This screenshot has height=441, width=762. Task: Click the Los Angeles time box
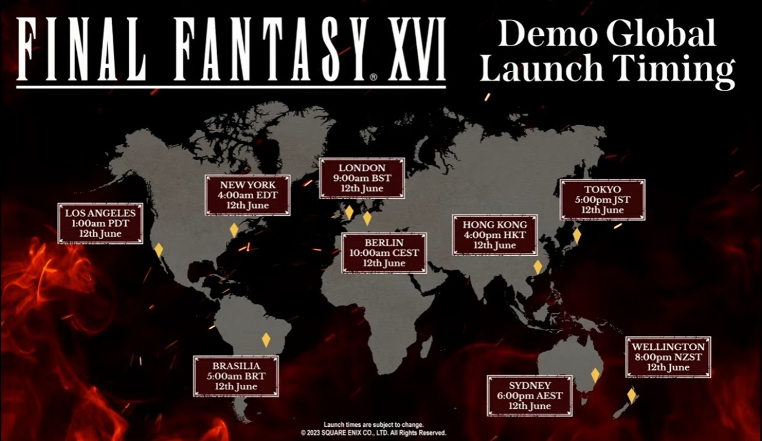click(x=100, y=223)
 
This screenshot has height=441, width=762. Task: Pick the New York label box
click(x=247, y=195)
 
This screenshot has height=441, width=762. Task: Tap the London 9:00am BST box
click(x=362, y=179)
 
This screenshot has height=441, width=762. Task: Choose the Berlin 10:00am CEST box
click(x=384, y=253)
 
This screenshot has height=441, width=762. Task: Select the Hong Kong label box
click(x=494, y=235)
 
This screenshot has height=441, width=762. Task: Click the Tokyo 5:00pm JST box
click(x=602, y=200)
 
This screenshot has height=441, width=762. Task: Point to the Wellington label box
click(x=668, y=357)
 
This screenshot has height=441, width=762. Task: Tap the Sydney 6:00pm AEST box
click(x=529, y=395)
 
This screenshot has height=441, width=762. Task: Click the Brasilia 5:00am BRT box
click(x=236, y=376)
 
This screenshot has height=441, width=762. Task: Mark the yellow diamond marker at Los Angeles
click(x=158, y=250)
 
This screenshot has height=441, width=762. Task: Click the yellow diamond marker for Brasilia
click(x=266, y=340)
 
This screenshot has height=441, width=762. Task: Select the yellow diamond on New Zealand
click(x=631, y=395)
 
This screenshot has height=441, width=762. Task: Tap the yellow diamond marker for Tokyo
click(x=577, y=235)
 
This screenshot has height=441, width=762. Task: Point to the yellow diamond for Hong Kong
click(x=538, y=267)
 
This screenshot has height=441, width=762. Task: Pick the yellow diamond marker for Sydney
click(x=595, y=375)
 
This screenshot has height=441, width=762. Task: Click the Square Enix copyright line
click(x=373, y=432)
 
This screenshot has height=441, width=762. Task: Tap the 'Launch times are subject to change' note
click(x=373, y=424)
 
